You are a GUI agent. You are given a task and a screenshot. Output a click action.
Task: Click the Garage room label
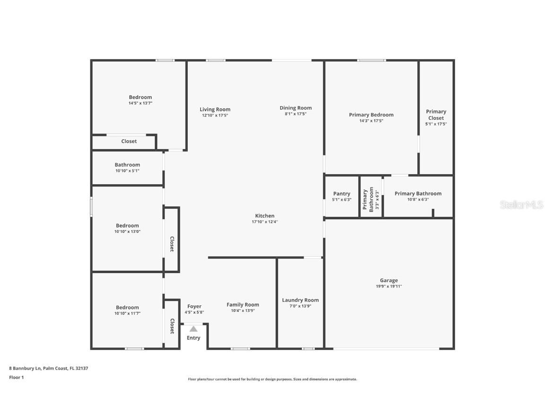tap(388, 280)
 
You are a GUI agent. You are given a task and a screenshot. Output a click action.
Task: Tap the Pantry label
tap(342, 194)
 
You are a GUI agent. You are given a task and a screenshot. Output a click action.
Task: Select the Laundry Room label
tap(300, 300)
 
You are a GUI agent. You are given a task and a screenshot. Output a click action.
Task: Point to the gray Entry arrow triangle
tap(193, 329)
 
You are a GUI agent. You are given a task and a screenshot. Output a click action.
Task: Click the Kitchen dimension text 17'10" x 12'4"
tap(264, 222)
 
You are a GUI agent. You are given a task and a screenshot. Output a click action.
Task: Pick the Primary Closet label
tap(436, 115)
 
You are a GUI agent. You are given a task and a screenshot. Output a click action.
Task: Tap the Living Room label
tap(215, 109)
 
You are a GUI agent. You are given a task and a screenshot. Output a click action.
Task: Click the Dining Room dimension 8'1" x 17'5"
tap(296, 114)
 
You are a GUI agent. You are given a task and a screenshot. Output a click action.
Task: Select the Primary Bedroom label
tap(371, 115)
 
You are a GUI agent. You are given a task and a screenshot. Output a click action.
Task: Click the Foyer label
tap(194, 306)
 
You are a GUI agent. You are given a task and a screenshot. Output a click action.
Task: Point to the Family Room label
tap(243, 305)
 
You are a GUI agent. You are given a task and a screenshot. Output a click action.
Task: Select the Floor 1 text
tap(16, 377)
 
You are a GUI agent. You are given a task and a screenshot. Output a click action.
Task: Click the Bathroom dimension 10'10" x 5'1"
tap(127, 171)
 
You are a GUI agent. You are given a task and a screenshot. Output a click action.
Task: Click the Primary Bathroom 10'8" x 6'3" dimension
tap(418, 199)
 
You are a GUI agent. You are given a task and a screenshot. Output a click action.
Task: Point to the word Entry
tap(193, 338)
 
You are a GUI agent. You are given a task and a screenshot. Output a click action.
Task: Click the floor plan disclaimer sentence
tap(272, 379)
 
